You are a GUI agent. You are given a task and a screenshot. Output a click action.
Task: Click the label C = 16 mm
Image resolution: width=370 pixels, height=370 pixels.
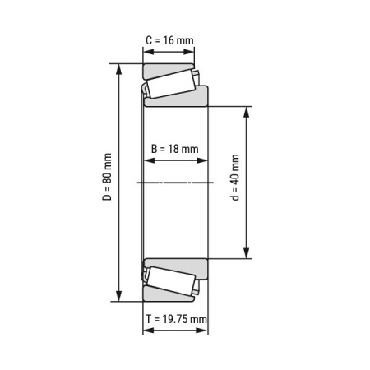169,40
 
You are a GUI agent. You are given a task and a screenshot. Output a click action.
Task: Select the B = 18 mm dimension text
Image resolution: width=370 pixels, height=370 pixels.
175,149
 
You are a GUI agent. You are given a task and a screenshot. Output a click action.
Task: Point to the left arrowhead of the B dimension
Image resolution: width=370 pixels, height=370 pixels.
146,160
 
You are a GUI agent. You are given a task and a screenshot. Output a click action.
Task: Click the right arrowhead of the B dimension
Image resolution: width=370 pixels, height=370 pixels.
205,160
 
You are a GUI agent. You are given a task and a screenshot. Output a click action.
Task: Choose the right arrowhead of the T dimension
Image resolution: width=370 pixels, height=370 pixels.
205,331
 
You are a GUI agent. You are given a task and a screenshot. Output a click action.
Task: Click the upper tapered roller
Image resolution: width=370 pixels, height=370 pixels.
170,83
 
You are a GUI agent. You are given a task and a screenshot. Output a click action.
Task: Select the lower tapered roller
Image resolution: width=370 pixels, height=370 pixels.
170,282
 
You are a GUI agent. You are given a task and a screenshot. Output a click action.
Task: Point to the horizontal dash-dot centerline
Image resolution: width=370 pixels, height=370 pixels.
174,183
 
